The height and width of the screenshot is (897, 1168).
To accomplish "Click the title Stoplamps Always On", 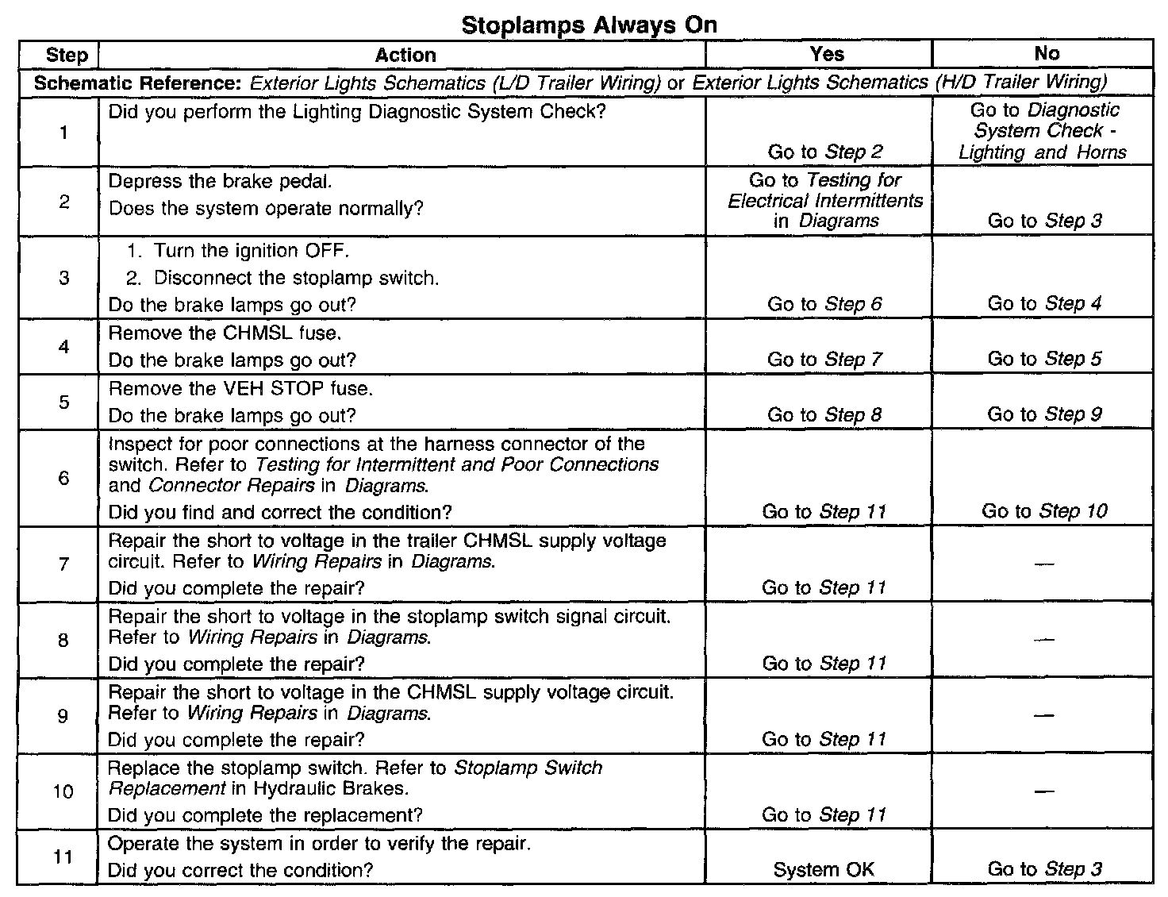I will point(589,25).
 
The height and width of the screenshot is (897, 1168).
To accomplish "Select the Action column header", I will point(405,55).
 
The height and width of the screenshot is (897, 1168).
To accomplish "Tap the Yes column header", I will point(827,54).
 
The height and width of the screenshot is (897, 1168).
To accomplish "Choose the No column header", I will point(1047,53).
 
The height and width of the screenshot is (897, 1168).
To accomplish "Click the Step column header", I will point(67,55).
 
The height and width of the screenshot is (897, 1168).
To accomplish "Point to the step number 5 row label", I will point(63,402).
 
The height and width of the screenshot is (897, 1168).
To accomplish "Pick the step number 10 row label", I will point(63,791).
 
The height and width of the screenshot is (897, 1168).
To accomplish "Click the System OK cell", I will point(824,869).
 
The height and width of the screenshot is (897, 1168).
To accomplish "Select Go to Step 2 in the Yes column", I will point(824,152).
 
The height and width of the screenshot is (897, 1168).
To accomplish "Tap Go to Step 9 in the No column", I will point(1044,414).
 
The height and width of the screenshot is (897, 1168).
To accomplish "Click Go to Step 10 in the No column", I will point(1044,511).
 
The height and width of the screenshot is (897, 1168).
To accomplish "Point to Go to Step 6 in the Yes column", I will point(824,304).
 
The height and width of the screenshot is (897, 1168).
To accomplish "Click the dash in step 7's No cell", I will point(1044,564).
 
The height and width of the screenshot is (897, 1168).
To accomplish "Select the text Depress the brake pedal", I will point(220,181).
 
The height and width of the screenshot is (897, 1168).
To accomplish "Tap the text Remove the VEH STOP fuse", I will point(240,388).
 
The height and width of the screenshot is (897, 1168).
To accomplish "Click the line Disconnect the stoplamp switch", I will point(296,278).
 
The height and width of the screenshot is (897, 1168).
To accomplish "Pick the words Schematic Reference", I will point(137,83).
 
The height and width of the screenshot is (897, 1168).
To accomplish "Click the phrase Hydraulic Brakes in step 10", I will point(331,788).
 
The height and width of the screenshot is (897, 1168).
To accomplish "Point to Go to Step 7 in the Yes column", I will point(824,360).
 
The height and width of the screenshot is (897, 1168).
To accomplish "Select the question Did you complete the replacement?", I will point(265,815).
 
